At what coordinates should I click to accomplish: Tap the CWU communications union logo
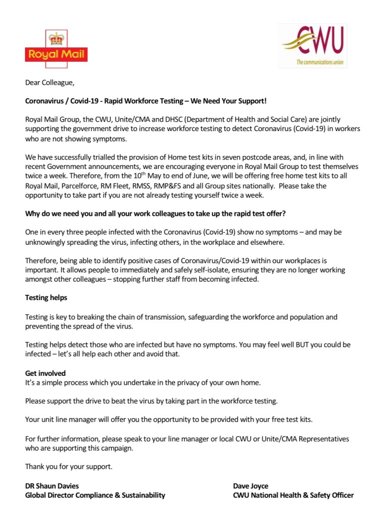tap(313, 46)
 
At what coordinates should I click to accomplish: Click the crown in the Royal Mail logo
tap(56, 38)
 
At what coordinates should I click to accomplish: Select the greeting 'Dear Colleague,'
tap(49, 83)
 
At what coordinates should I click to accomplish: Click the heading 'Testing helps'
tap(46, 298)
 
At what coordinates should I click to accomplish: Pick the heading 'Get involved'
tap(45, 373)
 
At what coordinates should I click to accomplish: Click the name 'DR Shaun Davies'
tap(52, 486)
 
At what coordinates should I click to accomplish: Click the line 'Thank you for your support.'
tap(69, 467)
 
